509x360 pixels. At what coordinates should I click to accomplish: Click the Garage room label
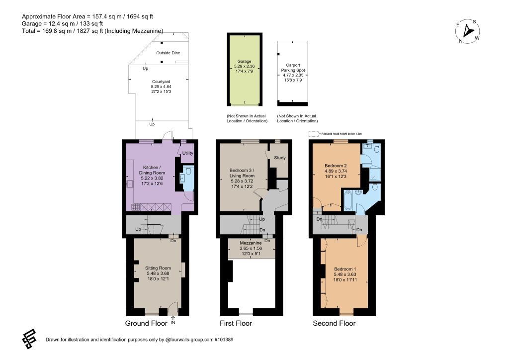click(244, 61)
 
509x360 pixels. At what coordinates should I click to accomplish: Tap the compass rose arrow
click(468, 30)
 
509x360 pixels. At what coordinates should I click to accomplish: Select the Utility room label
click(187, 153)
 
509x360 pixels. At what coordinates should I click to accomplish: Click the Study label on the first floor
click(280, 158)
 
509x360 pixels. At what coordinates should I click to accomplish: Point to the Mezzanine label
click(251, 243)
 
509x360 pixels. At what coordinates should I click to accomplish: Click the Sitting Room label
click(158, 268)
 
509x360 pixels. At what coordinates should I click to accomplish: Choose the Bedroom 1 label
click(345, 269)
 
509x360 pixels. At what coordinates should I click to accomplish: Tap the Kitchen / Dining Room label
click(152, 170)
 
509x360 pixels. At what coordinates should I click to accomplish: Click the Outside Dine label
click(168, 53)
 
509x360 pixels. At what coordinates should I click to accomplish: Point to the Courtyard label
click(161, 82)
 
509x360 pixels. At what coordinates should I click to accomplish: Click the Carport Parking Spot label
click(293, 68)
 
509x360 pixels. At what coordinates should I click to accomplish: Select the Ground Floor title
click(146, 323)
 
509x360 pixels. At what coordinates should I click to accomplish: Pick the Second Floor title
click(334, 323)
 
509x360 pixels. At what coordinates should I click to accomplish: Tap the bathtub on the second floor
click(347, 200)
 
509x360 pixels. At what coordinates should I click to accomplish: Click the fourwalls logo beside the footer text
click(29, 339)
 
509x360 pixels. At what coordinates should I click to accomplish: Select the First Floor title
click(236, 323)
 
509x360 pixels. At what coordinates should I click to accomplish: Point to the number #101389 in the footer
click(224, 340)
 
